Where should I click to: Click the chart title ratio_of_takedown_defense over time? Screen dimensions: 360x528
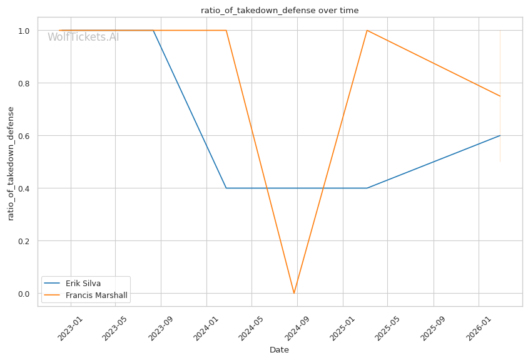(280, 10)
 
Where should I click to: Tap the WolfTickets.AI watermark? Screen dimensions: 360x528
(83, 37)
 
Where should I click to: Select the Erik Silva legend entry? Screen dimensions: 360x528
(83, 283)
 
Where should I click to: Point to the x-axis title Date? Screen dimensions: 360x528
(279, 350)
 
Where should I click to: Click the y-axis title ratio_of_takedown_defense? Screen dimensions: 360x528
(11, 163)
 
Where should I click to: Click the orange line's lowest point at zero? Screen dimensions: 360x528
(294, 293)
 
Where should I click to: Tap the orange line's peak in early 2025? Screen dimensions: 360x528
(367, 30)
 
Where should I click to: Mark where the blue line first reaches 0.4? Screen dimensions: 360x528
(226, 188)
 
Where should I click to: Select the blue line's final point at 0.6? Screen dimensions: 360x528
(500, 135)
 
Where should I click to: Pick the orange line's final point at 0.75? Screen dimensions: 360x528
(500, 96)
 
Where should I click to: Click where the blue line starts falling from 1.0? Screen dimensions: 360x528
(153, 30)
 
